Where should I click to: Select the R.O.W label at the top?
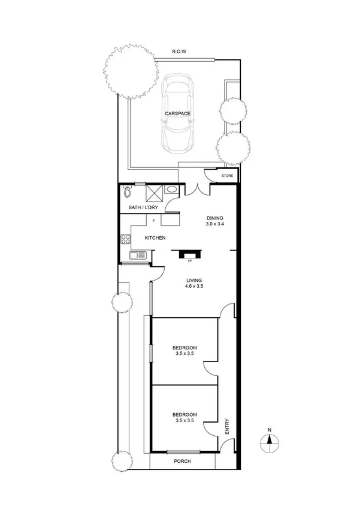179,52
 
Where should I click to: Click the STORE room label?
227,176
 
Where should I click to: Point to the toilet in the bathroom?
127,192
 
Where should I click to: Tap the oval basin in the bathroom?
171,190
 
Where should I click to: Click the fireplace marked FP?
190,254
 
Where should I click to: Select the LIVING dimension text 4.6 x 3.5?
194,287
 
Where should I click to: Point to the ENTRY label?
228,426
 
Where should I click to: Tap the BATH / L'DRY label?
143,207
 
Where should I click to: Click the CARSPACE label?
179,113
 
